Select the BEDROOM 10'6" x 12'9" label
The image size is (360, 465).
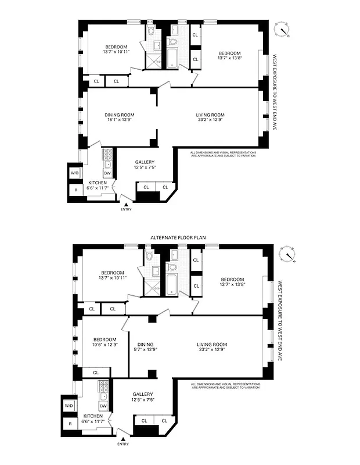tap(105, 342)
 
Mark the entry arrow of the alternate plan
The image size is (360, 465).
tap(123, 438)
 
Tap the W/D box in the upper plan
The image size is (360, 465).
tap(75, 173)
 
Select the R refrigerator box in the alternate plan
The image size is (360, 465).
tap(70, 424)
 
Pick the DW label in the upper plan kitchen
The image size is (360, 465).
tap(107, 173)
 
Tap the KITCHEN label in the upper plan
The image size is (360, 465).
tap(98, 185)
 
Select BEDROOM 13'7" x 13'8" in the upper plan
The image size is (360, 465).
tap(229, 55)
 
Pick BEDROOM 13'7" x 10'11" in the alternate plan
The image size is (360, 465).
tap(113, 276)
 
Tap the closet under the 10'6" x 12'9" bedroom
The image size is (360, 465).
tap(96, 372)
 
